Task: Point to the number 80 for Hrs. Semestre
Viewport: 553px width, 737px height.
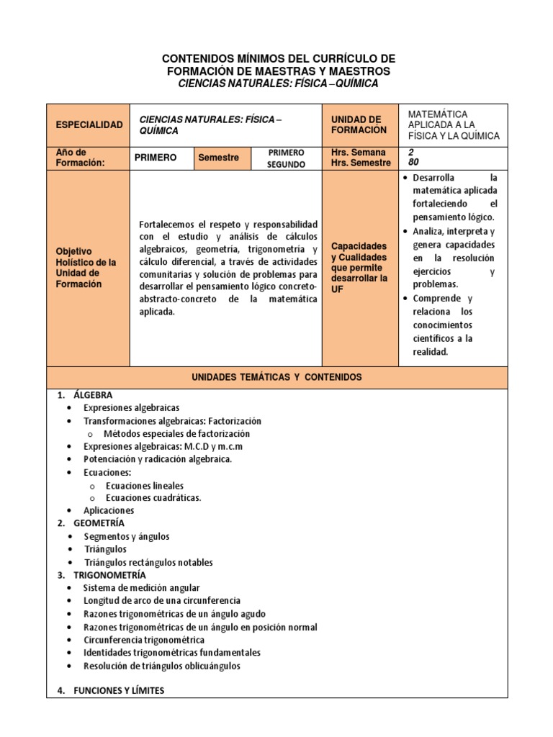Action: tap(413, 163)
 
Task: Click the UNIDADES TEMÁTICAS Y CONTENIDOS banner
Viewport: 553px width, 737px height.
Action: tap(276, 377)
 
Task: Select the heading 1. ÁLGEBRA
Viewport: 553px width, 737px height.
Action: tap(85, 395)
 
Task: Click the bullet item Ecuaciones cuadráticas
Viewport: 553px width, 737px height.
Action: tap(153, 497)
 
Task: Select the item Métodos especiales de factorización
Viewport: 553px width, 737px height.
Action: tap(176, 434)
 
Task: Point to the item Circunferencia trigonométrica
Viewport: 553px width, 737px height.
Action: tap(144, 640)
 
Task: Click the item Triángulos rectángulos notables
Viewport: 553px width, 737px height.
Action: tap(148, 562)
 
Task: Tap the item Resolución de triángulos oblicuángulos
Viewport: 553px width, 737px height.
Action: tap(162, 666)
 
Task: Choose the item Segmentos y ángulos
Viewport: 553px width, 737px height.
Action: tap(127, 536)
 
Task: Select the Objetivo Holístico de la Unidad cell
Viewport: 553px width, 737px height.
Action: tap(86, 268)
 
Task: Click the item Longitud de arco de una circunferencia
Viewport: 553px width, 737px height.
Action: tap(162, 600)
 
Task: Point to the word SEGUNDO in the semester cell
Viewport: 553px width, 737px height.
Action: tap(286, 165)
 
